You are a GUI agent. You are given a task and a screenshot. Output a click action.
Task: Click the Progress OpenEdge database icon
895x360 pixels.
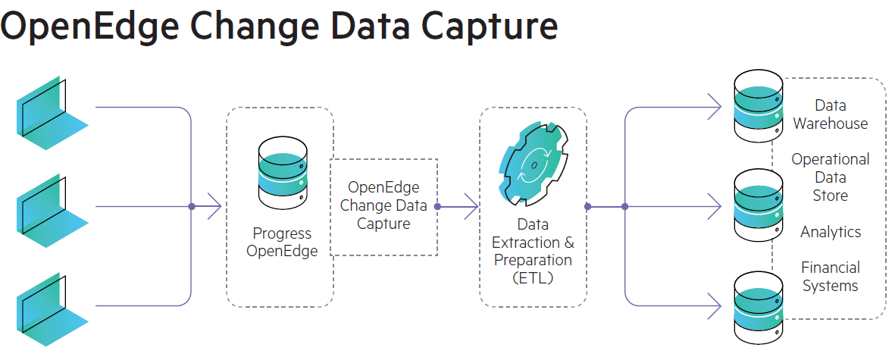282,174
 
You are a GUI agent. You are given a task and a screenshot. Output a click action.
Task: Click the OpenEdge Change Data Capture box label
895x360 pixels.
383,205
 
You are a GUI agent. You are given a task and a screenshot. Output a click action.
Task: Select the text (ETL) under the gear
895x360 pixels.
533,277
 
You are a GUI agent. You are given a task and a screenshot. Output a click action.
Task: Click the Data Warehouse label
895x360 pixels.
831,114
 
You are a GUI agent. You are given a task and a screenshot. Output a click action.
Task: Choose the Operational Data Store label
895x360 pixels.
831,177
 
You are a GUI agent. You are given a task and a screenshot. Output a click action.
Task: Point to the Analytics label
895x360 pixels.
831,232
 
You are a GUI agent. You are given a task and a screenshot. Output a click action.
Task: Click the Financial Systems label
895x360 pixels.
831,277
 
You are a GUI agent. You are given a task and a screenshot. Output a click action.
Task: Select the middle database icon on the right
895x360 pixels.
758,205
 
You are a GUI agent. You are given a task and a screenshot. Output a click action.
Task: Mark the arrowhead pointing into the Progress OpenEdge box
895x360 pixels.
214,206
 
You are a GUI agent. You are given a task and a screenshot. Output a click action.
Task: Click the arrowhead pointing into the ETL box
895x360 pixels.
471,206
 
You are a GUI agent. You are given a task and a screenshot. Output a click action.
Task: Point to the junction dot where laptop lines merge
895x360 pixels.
192,206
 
